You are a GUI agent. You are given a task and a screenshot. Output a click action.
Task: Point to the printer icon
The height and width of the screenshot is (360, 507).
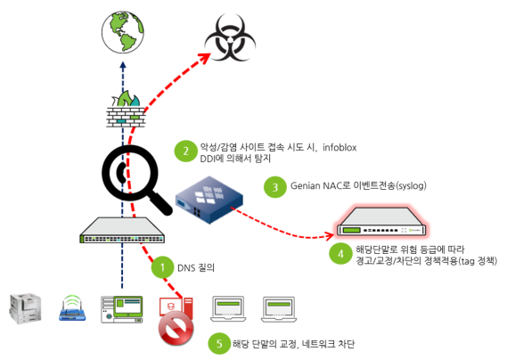pyautogui.click(x=26, y=307)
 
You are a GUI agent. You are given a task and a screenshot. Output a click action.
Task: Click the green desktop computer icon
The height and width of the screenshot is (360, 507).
pyautogui.click(x=119, y=307)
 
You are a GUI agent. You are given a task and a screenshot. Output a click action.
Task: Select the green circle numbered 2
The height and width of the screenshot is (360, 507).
pyautogui.click(x=184, y=151)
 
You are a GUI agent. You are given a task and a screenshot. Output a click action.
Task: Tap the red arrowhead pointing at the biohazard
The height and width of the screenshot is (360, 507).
pyautogui.click(x=203, y=57)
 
